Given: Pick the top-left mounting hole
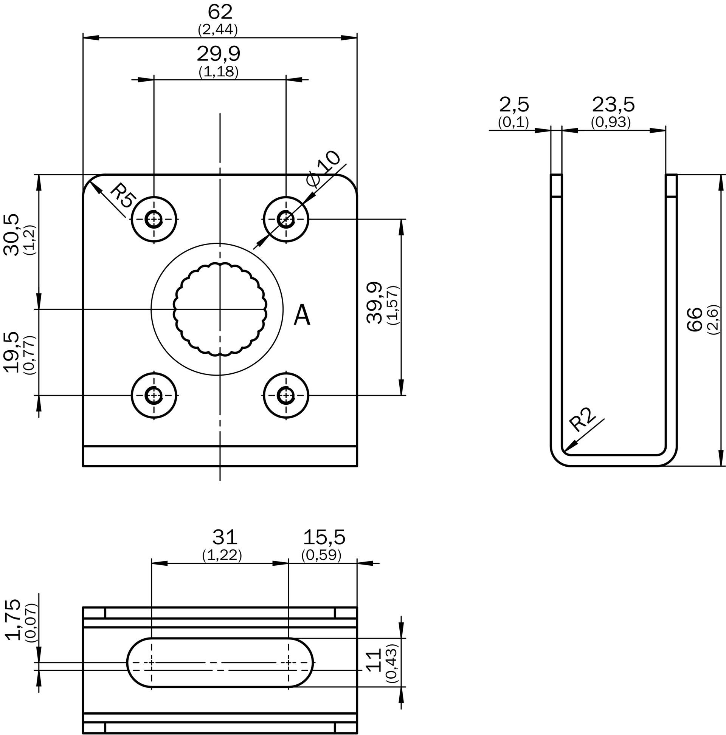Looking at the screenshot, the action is pos(154,219).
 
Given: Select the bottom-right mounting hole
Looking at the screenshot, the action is pos(286,396).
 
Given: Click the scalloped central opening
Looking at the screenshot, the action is pos(220,308).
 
